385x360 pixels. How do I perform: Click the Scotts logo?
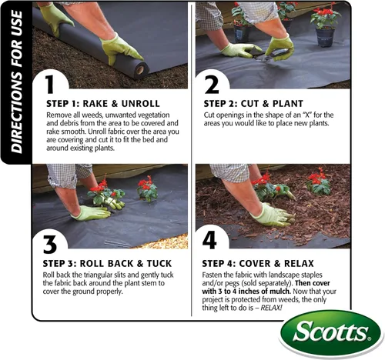330,333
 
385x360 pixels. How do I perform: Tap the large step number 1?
50,84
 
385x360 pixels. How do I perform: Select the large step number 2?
212,84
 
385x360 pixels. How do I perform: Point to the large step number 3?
50,244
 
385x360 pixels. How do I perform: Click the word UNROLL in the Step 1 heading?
140,104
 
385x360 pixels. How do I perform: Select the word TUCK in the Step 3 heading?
159,264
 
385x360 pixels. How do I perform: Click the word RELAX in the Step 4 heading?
299,264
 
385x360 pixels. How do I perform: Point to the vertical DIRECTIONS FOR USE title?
17,82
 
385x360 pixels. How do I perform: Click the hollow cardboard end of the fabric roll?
140,70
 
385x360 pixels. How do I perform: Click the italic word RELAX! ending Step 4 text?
271,308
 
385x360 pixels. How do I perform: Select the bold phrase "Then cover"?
313,283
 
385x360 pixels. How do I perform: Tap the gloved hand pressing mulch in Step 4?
272,215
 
